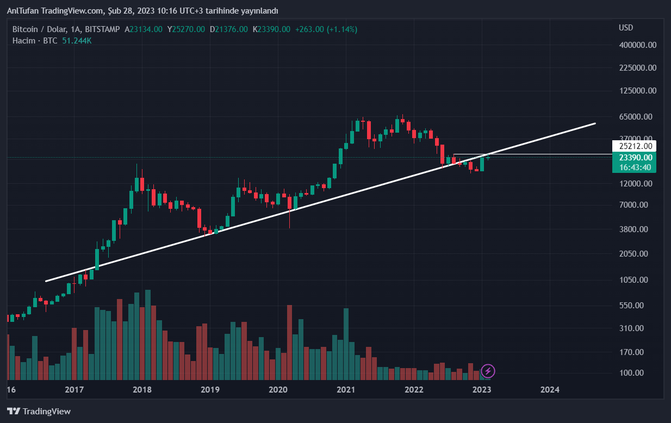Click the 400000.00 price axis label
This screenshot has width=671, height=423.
(x=638, y=45)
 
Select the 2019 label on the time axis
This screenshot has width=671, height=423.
(x=210, y=389)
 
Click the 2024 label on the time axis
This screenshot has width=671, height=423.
(x=550, y=389)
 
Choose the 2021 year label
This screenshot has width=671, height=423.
(x=346, y=389)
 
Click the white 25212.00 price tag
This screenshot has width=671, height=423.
(x=635, y=146)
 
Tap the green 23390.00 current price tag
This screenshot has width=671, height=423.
(x=635, y=157)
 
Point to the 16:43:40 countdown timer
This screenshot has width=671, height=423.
(x=635, y=167)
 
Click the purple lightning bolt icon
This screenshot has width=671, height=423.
(x=488, y=371)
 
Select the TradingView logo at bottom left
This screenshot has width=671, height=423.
(x=39, y=411)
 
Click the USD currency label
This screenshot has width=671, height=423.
(x=626, y=28)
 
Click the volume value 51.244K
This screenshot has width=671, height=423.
(x=77, y=41)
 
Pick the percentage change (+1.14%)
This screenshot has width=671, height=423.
(x=342, y=29)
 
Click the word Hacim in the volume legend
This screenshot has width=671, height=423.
(x=24, y=41)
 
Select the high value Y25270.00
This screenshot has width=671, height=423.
(x=186, y=29)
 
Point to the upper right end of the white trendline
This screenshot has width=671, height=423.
(x=595, y=123)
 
